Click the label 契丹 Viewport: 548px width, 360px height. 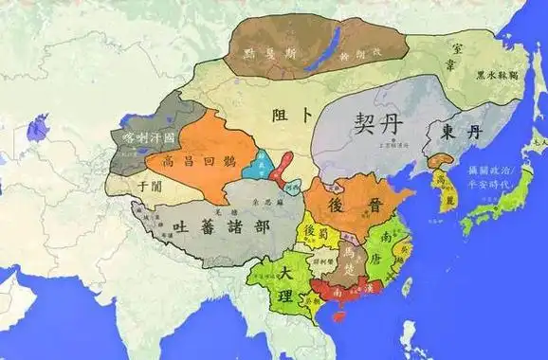coord(364,122)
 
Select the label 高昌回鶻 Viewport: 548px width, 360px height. coord(195,160)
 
